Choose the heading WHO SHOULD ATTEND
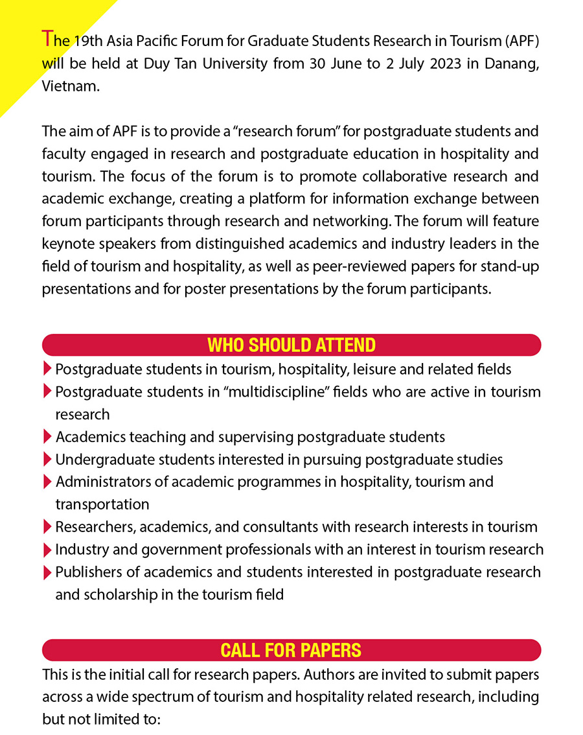click(291, 345)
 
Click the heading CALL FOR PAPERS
click(291, 650)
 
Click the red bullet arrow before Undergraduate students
click(47, 460)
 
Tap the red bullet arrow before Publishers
click(47, 572)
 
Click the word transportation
click(102, 504)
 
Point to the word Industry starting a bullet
click(79, 550)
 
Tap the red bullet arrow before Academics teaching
click(47, 437)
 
